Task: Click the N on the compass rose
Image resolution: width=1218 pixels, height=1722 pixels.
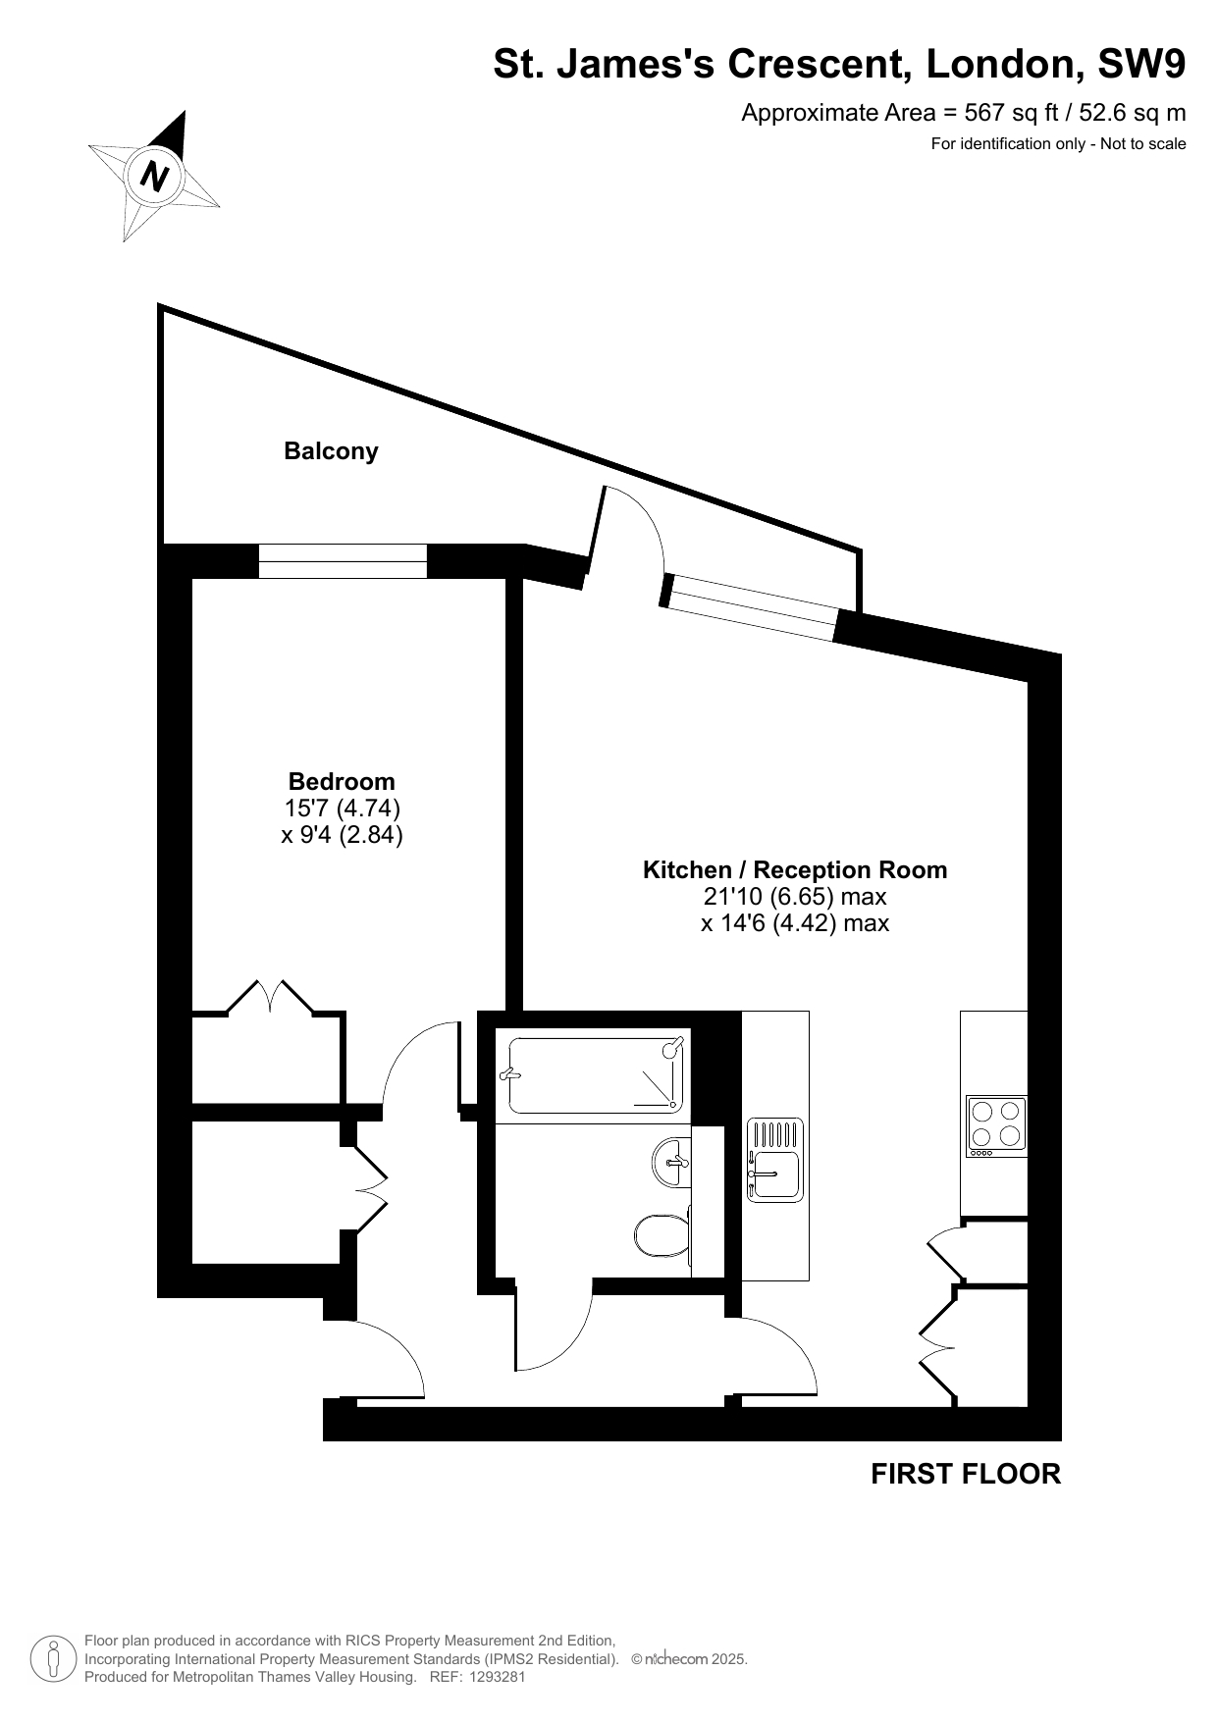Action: click(155, 177)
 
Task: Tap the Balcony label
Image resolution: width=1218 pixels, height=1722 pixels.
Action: click(331, 451)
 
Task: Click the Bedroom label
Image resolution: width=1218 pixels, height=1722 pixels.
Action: click(342, 781)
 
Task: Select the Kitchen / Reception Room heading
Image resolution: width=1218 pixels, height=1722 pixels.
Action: click(795, 870)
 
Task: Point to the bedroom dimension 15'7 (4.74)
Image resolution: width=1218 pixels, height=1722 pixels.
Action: click(343, 809)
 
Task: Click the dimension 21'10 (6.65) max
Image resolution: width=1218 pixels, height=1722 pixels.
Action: click(795, 897)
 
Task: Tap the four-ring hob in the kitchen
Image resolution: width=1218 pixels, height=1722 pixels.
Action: click(996, 1125)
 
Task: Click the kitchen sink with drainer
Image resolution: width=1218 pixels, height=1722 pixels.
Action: click(775, 1160)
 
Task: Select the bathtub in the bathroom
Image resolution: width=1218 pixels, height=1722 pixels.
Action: click(592, 1075)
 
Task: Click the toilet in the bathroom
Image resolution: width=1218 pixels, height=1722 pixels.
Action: click(663, 1235)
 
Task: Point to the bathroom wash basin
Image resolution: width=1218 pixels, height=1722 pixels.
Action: click(672, 1163)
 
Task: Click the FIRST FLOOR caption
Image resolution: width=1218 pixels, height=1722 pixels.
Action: click(966, 1474)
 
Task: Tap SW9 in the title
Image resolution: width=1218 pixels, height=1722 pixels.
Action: click(1141, 64)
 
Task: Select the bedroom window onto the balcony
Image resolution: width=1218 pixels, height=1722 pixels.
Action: click(343, 561)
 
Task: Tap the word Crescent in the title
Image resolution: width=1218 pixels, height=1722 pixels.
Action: click(808, 64)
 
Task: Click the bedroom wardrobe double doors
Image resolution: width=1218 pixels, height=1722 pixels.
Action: click(271, 996)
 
